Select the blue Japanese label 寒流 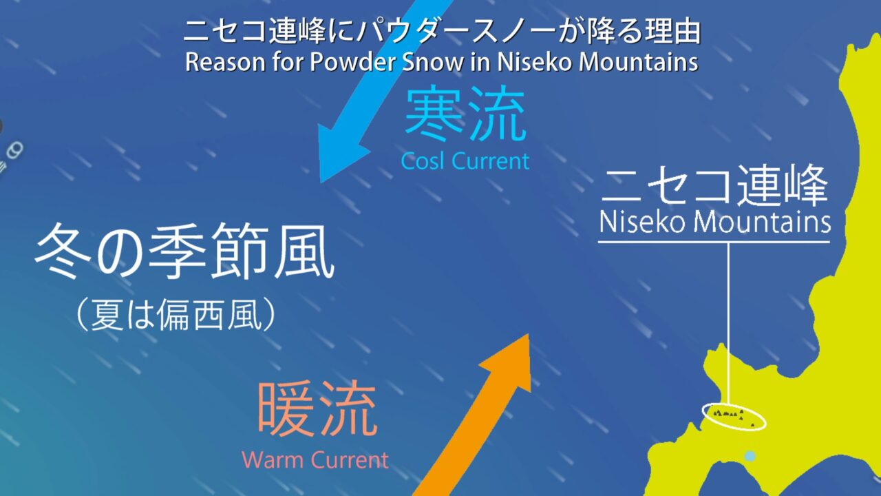465,113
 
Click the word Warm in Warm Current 273,459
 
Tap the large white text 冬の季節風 184,251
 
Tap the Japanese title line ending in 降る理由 442,31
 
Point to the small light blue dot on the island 750,456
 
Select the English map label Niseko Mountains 714,222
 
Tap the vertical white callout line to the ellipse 728,324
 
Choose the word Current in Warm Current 349,459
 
